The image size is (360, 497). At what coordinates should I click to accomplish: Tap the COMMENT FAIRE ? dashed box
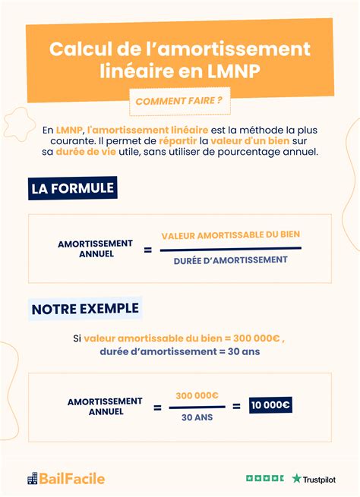click(x=179, y=102)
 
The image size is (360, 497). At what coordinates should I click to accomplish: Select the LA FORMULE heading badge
click(x=73, y=187)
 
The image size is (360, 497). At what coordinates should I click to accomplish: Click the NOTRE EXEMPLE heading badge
click(x=85, y=308)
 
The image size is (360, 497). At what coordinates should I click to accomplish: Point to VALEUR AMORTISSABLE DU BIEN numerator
click(x=231, y=235)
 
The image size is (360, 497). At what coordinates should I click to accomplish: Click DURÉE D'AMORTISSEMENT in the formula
click(x=230, y=260)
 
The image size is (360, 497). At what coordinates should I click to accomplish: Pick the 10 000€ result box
click(x=271, y=405)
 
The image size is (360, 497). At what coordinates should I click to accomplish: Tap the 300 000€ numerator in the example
click(x=197, y=395)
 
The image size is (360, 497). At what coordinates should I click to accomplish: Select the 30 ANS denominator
click(x=197, y=417)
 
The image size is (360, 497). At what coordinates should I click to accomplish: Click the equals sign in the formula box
click(x=147, y=248)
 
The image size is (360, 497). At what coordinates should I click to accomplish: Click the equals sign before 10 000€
click(x=236, y=406)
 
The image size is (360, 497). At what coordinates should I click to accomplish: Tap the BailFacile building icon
click(x=32, y=479)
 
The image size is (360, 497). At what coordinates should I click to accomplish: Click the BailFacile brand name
click(x=73, y=479)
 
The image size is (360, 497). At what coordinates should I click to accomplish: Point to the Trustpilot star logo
click(x=297, y=479)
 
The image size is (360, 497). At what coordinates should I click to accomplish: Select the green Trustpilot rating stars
click(x=264, y=479)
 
